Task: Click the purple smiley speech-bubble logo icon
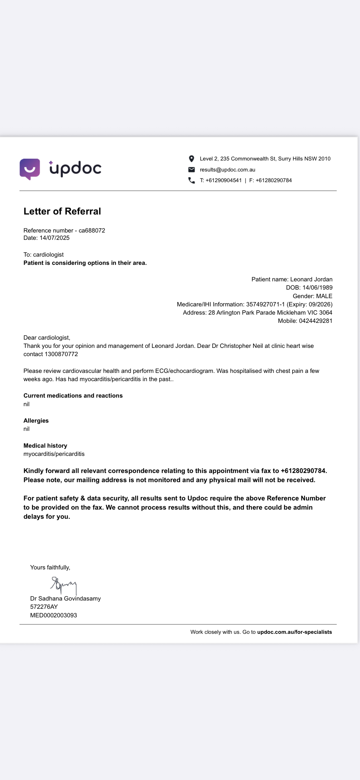(x=30, y=169)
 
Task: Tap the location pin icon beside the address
(x=191, y=159)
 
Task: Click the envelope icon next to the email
(x=191, y=170)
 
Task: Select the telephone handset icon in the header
(x=191, y=180)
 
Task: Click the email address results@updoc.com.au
(x=227, y=170)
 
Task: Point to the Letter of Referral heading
(x=62, y=211)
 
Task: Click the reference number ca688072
(x=92, y=230)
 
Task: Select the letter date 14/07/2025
(x=55, y=238)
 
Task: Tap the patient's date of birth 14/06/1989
(x=317, y=287)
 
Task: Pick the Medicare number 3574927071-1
(x=265, y=304)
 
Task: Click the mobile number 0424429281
(x=316, y=321)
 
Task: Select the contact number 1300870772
(x=61, y=354)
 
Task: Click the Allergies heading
(x=36, y=421)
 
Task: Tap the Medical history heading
(x=45, y=446)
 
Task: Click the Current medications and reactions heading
(x=73, y=395)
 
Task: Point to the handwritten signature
(x=64, y=584)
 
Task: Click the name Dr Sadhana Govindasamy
(x=65, y=598)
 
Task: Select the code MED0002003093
(x=53, y=615)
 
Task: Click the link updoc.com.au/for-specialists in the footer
(x=294, y=632)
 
